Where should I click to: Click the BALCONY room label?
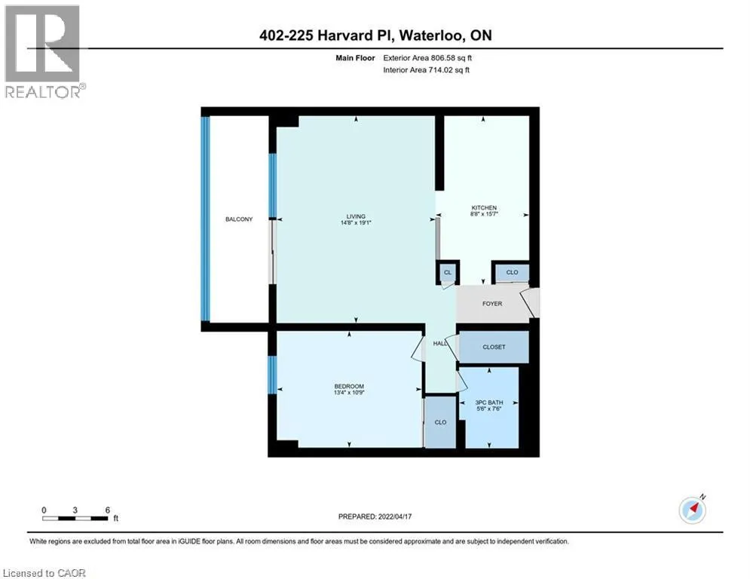239,219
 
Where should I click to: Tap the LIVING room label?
356,216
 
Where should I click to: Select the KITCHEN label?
484,207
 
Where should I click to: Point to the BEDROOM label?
349,386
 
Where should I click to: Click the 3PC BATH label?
489,403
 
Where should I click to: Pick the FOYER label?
492,303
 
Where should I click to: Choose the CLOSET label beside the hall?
494,347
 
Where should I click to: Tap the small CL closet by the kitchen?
448,272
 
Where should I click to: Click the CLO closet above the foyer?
512,272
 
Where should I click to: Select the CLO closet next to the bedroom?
440,422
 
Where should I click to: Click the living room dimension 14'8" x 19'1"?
356,222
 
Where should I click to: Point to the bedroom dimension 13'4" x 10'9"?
349,392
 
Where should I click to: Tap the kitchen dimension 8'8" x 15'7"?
484,214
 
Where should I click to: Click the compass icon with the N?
693,510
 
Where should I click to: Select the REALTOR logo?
44,52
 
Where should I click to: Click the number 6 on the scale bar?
108,510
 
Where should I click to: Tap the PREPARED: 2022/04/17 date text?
375,516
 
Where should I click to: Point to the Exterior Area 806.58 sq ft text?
427,58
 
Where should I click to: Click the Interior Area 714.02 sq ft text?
426,70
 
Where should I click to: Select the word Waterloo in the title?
431,35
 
